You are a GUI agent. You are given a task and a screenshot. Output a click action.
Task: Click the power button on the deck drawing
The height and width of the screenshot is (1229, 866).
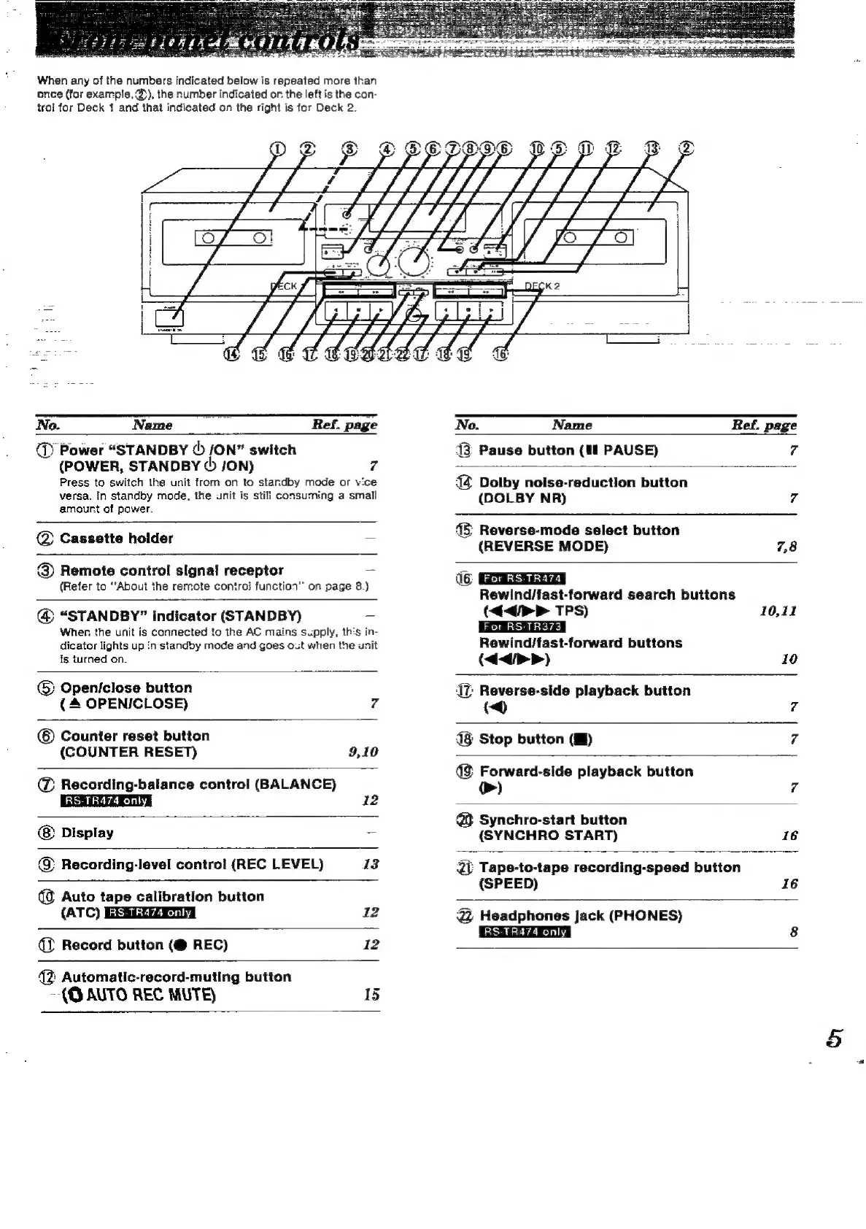(173, 318)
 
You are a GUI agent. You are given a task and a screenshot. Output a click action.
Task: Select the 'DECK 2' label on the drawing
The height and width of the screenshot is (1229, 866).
(542, 286)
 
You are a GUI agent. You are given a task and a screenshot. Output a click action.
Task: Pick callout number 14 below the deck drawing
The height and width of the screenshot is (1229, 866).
(232, 355)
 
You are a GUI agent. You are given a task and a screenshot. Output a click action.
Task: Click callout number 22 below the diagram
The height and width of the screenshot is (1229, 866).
(402, 355)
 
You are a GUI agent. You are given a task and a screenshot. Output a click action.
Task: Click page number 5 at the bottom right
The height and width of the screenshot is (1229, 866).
(835, 1037)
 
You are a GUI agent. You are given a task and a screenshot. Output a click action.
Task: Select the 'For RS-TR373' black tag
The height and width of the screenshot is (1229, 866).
(522, 627)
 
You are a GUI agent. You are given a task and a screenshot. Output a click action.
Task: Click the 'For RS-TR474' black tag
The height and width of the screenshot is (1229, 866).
(522, 579)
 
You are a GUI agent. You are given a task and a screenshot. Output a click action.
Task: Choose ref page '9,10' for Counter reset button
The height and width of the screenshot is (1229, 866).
(363, 752)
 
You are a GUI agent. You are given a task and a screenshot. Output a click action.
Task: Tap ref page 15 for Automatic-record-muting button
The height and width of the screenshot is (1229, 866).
(371, 994)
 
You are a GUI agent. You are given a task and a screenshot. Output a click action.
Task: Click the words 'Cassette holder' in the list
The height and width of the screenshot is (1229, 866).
(117, 539)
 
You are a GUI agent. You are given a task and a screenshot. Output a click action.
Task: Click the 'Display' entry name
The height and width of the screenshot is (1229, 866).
(88, 833)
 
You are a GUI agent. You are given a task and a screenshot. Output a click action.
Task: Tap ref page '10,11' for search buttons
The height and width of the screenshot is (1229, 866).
(778, 611)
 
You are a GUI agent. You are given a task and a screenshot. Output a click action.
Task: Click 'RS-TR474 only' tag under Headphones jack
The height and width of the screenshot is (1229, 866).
(525, 932)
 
